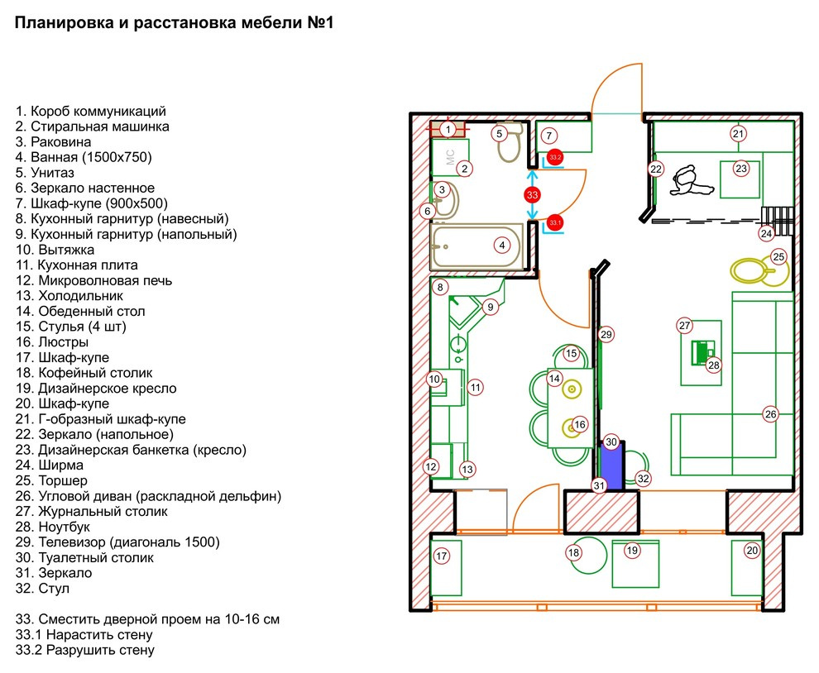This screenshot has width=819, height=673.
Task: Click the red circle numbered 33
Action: pos(532,195)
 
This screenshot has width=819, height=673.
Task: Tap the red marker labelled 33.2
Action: pos(555,157)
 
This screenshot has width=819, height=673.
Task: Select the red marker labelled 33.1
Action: pos(555,223)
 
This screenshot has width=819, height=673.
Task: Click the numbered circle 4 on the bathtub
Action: pos(502,246)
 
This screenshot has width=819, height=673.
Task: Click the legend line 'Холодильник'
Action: pos(69,296)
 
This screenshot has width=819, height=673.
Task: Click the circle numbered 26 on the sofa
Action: pos(770,414)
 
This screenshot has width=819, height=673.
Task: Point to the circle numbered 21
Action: pos(738,134)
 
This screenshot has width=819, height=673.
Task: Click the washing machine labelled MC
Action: pos(450,157)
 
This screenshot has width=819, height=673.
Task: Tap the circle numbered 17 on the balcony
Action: pos(442,556)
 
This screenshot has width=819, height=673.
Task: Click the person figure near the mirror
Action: pos(690,180)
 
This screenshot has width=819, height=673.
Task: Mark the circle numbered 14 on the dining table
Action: pos(554,379)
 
